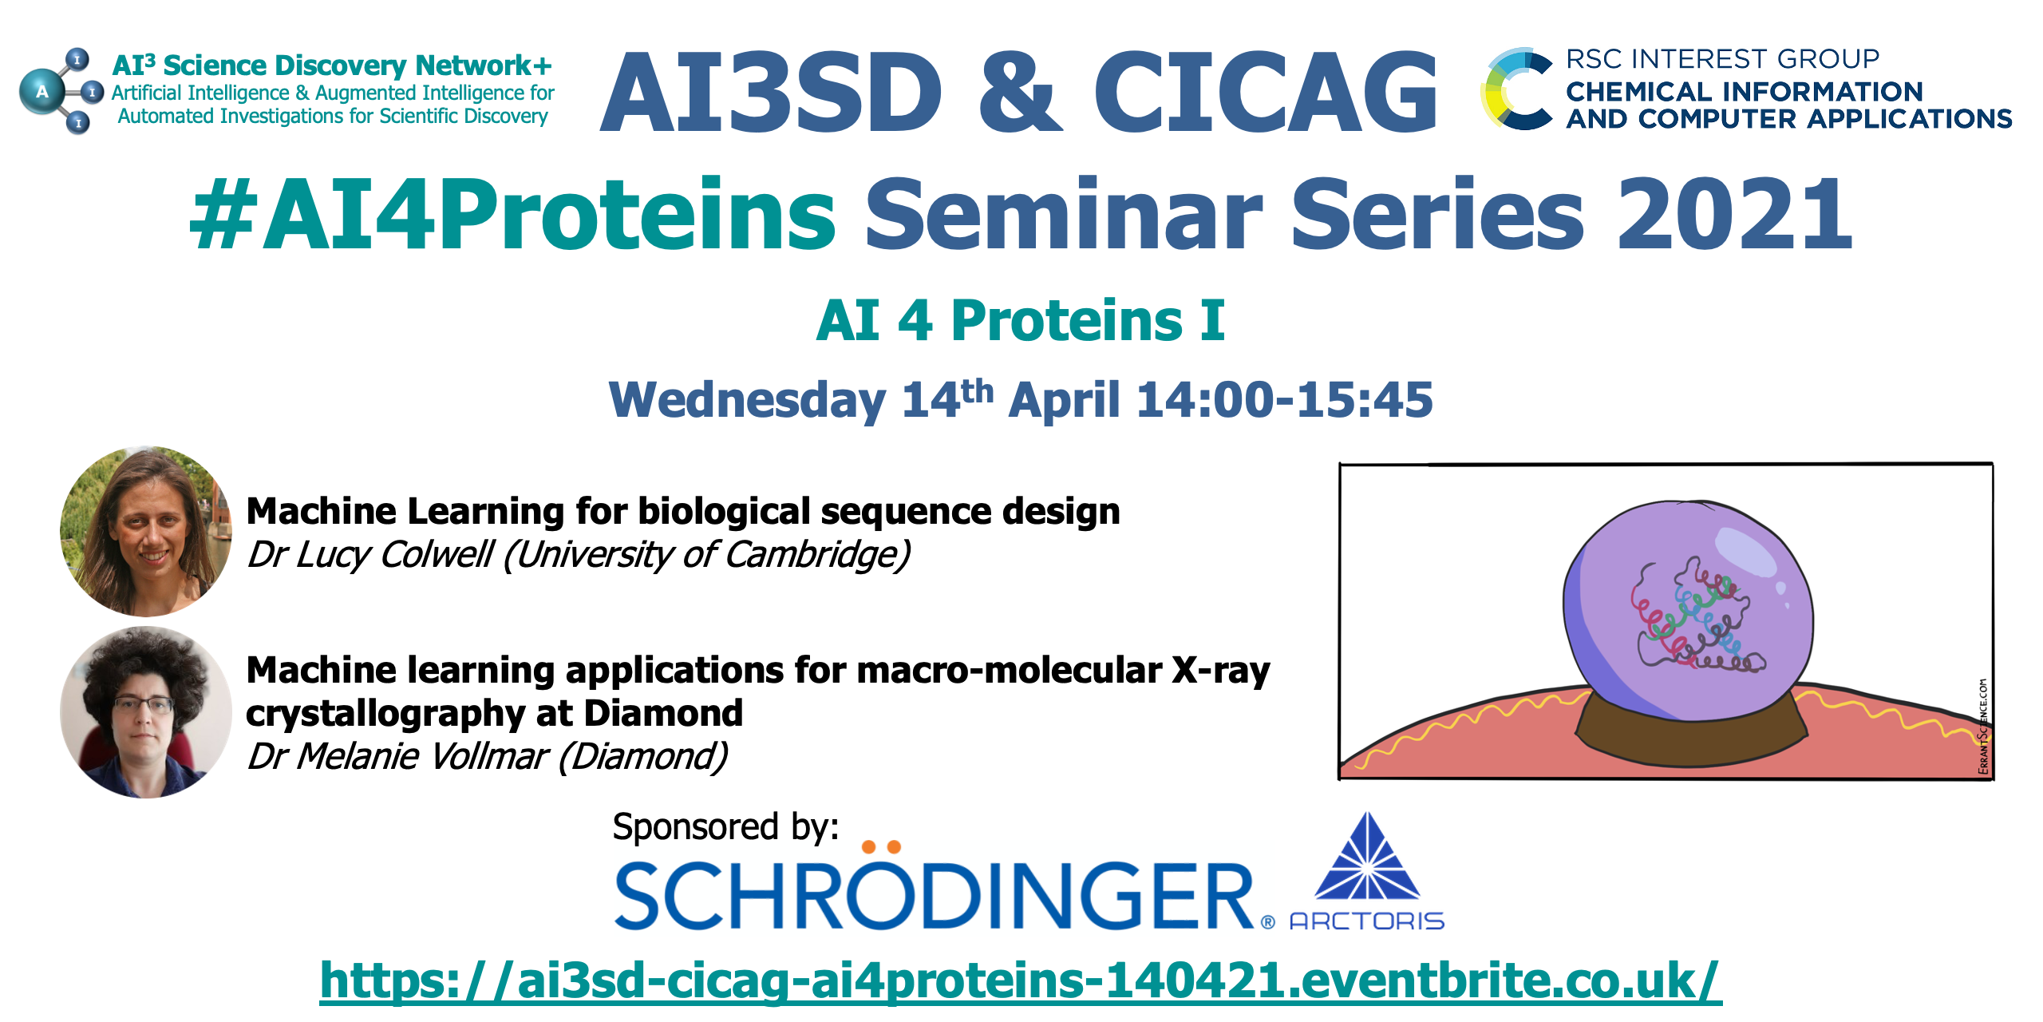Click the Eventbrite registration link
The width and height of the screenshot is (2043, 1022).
(x=1021, y=980)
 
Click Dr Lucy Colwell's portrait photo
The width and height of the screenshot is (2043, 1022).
(x=145, y=531)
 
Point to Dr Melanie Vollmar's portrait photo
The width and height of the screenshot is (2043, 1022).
(x=145, y=712)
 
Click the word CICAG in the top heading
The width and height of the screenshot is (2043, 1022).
(x=1266, y=92)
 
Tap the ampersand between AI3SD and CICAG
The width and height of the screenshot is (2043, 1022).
(x=1020, y=92)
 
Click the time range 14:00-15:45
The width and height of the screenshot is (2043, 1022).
(x=1284, y=399)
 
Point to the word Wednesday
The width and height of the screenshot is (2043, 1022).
(x=747, y=400)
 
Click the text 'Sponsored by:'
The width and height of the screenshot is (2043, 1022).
(x=725, y=827)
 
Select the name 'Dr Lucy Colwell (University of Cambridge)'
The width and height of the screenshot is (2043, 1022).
(x=579, y=555)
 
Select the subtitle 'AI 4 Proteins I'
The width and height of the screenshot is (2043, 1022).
(x=1020, y=320)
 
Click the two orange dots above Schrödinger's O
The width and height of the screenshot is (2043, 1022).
(x=882, y=846)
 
